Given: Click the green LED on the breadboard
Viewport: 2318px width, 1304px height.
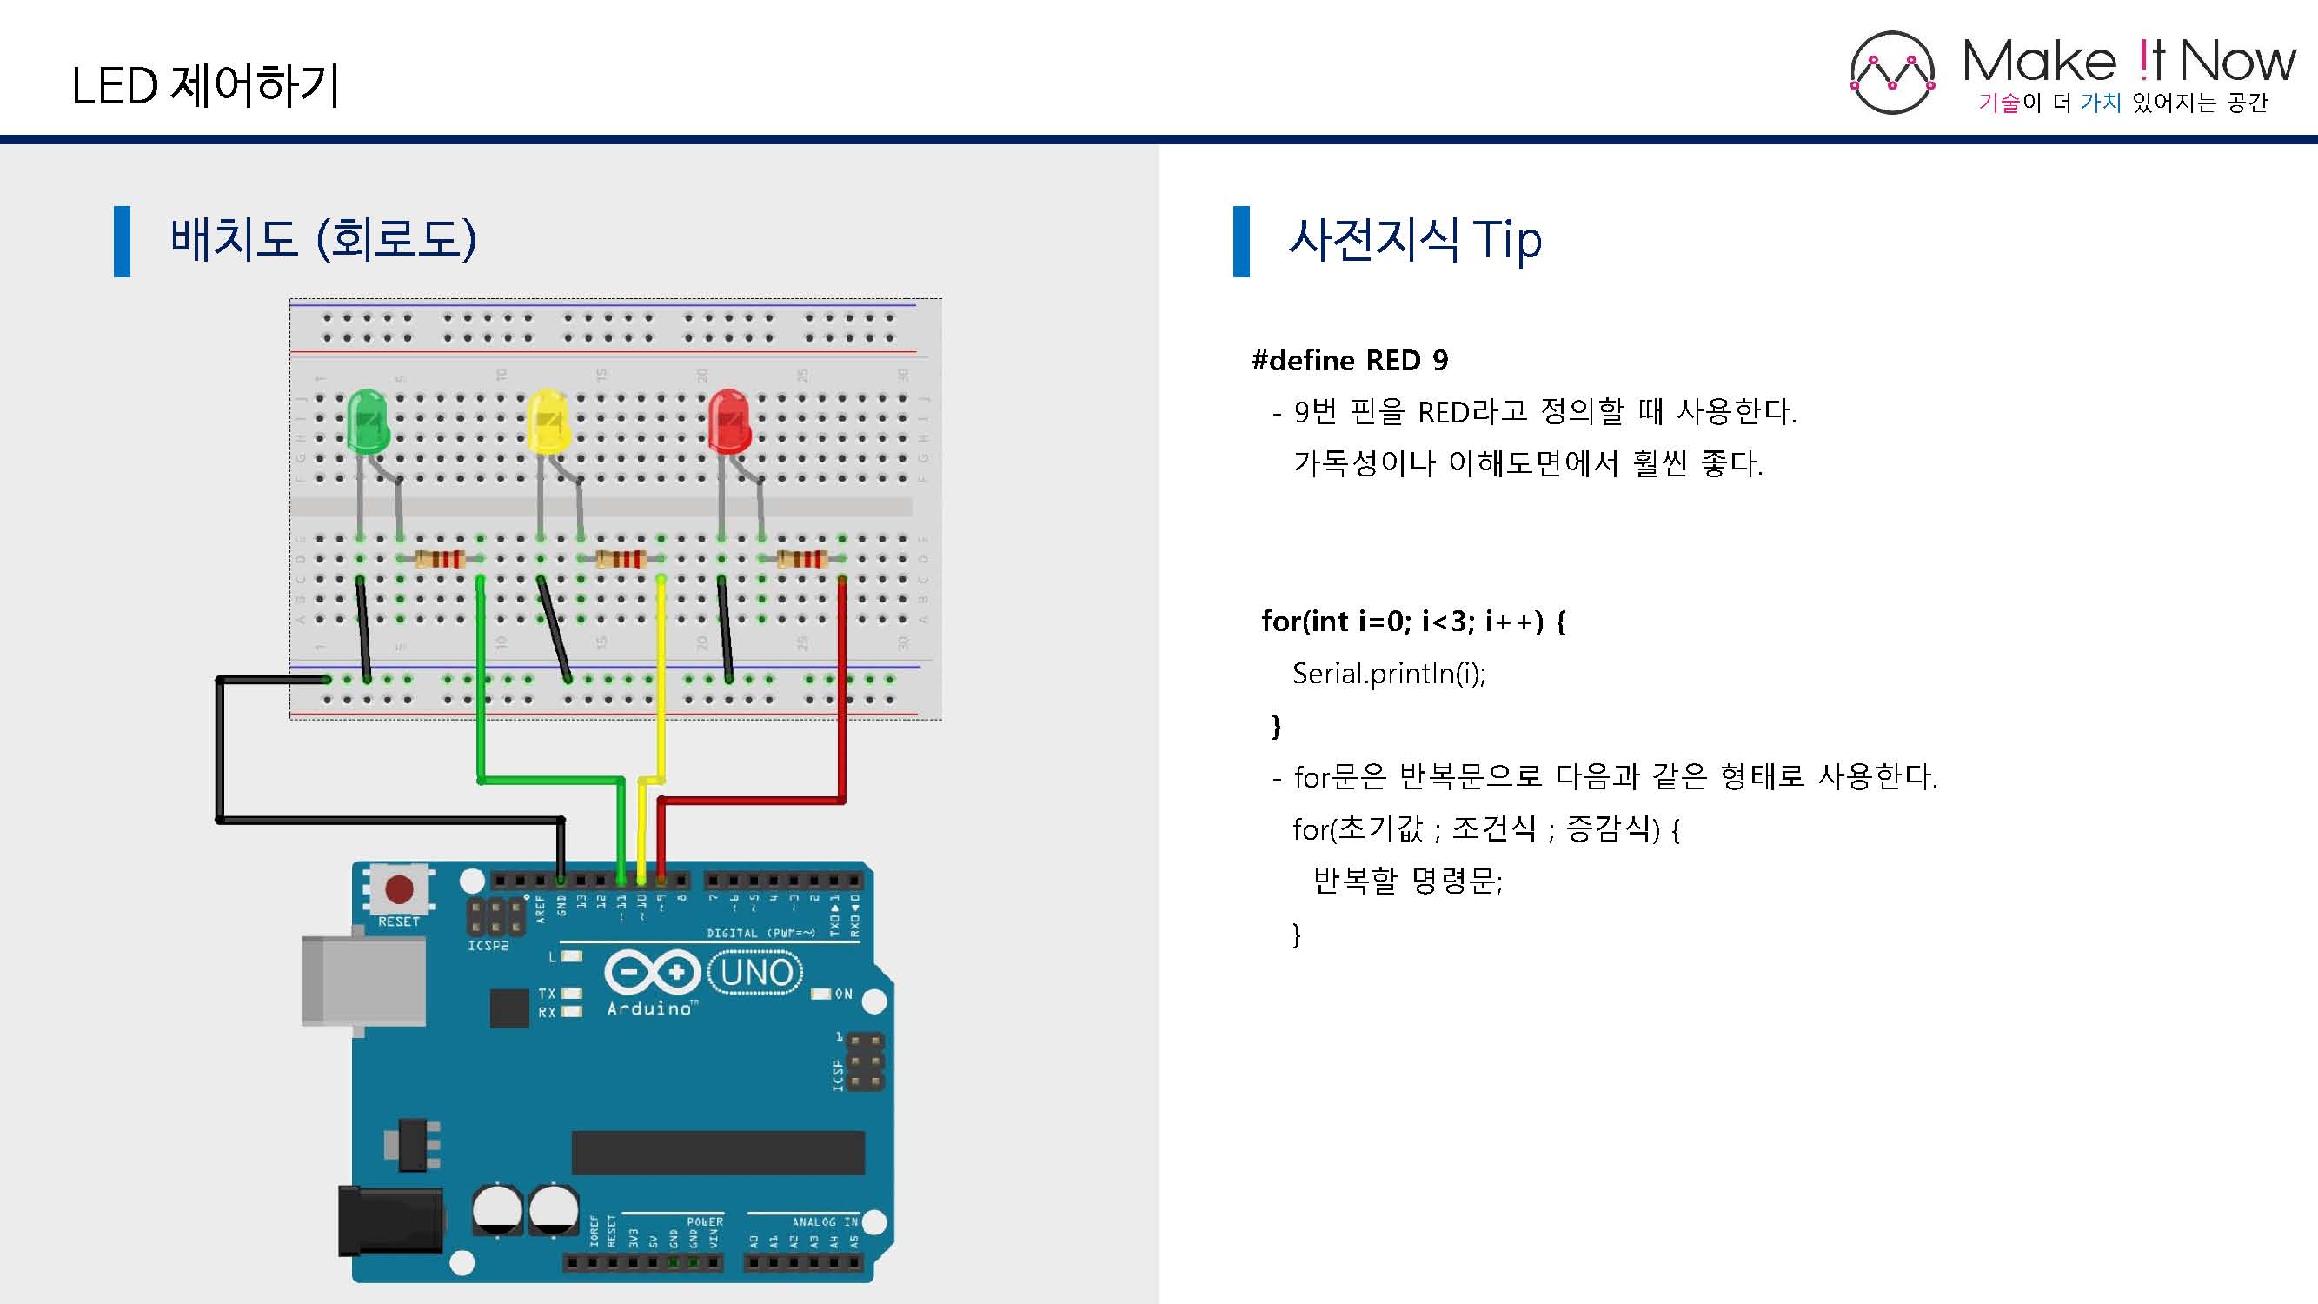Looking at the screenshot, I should pyautogui.click(x=367, y=421).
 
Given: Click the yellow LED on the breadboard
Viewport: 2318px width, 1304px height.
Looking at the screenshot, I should pyautogui.click(x=547, y=421).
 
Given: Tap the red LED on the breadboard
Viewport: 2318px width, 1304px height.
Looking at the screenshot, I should pyautogui.click(x=729, y=421).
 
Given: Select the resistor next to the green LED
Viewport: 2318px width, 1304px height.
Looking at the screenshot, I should pyautogui.click(x=440, y=559).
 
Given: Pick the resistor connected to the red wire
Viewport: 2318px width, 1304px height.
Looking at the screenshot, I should pyautogui.click(x=800, y=559).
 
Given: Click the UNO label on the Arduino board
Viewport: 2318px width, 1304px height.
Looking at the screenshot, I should pyautogui.click(x=756, y=973).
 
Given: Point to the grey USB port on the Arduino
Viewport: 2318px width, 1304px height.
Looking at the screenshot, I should pyautogui.click(x=362, y=981).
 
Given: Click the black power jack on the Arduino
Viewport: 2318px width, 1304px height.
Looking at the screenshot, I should pyautogui.click(x=389, y=1221).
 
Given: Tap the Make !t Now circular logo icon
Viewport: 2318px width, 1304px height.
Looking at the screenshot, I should pyautogui.click(x=1891, y=73).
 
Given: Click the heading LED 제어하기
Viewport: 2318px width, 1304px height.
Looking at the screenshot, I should pyautogui.click(x=205, y=86).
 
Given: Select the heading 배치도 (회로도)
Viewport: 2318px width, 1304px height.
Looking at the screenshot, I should pyautogui.click(x=323, y=239).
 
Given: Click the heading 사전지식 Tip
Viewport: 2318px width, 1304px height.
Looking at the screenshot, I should pyautogui.click(x=1415, y=239).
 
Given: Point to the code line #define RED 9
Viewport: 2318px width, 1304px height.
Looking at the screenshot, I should pyautogui.click(x=1350, y=361).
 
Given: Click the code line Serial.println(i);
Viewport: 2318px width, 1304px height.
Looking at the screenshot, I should pyautogui.click(x=1389, y=673).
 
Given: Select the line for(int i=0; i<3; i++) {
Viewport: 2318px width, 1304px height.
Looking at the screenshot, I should pyautogui.click(x=1412, y=621).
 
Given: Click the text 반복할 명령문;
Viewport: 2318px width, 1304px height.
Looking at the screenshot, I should pyautogui.click(x=1407, y=880).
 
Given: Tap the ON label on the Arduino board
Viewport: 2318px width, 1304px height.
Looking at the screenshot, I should pyautogui.click(x=843, y=994).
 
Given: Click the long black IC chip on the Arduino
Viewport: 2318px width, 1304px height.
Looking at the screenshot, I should pyautogui.click(x=718, y=1153).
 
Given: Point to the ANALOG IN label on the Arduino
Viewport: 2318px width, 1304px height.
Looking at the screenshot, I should pyautogui.click(x=824, y=1221).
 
